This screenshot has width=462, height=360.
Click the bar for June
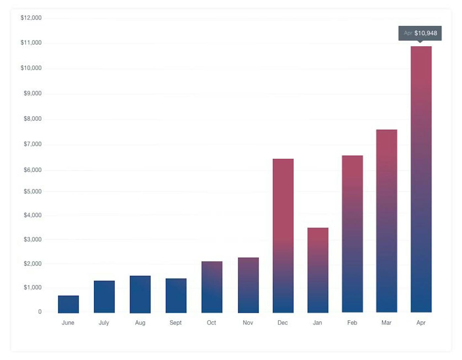[x=68, y=304]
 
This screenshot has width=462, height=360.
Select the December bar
[x=283, y=236]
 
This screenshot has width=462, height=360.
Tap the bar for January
[x=318, y=270]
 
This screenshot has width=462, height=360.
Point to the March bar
[x=386, y=221]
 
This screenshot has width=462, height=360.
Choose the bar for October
[x=212, y=287]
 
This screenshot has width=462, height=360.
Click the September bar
[x=176, y=295]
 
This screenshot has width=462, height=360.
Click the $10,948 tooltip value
[x=425, y=33]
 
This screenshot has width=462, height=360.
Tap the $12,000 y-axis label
[x=31, y=18]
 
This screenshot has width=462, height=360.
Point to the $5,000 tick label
[x=32, y=192]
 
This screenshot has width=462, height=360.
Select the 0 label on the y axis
[x=40, y=312]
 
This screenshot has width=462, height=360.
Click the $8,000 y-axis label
[x=32, y=119]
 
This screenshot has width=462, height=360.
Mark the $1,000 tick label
[x=32, y=287]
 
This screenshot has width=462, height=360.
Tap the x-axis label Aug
[x=140, y=323]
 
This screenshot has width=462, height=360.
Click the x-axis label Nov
[x=248, y=323]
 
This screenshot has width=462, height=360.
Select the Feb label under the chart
[x=352, y=323]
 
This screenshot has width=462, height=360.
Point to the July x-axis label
[x=104, y=323]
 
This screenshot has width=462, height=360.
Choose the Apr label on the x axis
[x=421, y=323]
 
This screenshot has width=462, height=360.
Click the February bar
[x=352, y=234]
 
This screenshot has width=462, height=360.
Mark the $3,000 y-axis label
[x=32, y=239]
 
